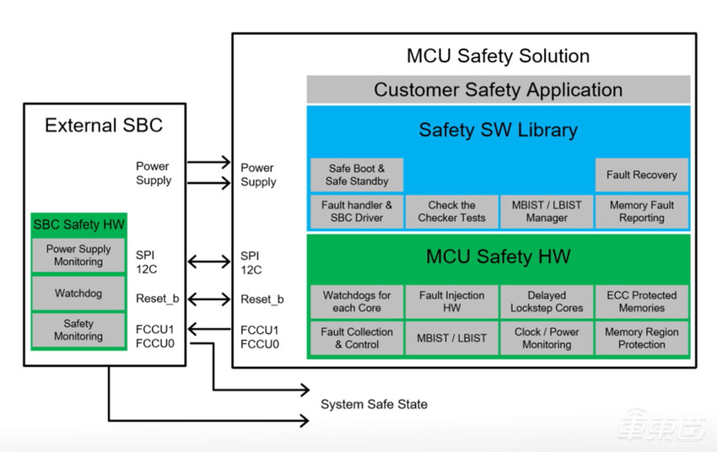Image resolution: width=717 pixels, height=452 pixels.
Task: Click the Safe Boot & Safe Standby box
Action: pyautogui.click(x=357, y=175)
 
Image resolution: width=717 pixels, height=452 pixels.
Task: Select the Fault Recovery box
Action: pyautogui.click(x=641, y=175)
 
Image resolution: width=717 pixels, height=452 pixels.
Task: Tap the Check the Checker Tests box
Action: pyautogui.click(x=451, y=212)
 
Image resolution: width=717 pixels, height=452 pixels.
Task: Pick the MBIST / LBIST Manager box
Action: pyautogui.click(x=547, y=212)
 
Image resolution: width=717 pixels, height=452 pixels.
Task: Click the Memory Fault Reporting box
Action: pyautogui.click(x=641, y=212)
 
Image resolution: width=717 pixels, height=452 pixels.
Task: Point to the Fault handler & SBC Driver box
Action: pyautogui.click(x=357, y=212)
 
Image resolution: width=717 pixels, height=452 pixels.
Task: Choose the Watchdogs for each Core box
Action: pyautogui.click(x=357, y=302)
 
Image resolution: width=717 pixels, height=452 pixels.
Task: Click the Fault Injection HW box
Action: pyautogui.click(x=451, y=302)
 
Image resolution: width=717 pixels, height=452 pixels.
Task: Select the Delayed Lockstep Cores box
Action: pyautogui.click(x=547, y=302)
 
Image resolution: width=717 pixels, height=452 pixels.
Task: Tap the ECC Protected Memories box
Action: pyautogui.click(x=641, y=302)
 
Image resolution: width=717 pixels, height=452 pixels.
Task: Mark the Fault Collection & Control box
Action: pyautogui.click(x=357, y=338)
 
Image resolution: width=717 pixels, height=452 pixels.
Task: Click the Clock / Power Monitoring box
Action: pyautogui.click(x=547, y=338)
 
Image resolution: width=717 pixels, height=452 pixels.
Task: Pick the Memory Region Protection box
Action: pyautogui.click(x=641, y=338)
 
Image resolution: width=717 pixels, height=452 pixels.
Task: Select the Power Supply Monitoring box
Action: pyautogui.click(x=78, y=256)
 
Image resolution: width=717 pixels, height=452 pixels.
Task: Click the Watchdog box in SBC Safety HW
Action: pyautogui.click(x=78, y=293)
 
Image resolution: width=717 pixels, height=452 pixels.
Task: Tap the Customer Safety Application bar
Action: pyautogui.click(x=498, y=89)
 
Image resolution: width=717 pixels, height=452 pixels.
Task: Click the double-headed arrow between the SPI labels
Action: pyautogui.click(x=208, y=261)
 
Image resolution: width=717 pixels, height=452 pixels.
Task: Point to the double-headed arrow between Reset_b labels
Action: pyautogui.click(x=208, y=299)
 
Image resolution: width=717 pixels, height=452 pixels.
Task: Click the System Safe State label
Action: pyautogui.click(x=374, y=405)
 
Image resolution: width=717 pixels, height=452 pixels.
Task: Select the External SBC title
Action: pyautogui.click(x=104, y=126)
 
